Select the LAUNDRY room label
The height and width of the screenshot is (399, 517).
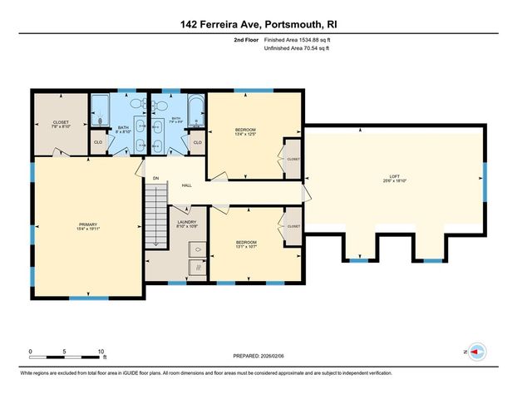(187, 222)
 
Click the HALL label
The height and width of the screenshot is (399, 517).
(187, 185)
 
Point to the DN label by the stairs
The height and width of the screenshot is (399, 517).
(155, 177)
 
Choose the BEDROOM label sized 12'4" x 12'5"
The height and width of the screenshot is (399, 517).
(245, 130)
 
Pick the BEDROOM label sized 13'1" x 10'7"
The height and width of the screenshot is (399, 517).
(245, 242)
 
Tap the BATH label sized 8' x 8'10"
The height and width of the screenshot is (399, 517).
(121, 129)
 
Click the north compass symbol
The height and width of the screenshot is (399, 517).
(476, 352)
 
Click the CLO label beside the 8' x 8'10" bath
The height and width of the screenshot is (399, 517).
(98, 142)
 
